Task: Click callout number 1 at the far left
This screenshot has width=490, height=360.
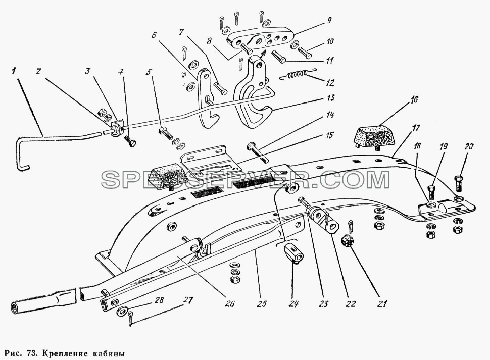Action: coord(13,71)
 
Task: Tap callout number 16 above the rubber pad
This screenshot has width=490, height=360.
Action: coord(414,100)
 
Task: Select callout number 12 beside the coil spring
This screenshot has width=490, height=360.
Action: coord(329,83)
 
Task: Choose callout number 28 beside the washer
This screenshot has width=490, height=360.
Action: coord(159,300)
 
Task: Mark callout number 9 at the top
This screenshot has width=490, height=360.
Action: coord(329,20)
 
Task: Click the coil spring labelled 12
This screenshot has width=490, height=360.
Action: coord(296,75)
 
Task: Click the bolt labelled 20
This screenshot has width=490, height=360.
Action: coord(459,183)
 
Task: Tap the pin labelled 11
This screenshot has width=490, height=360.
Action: coord(277,58)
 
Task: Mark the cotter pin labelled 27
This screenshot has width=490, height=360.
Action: coord(131,318)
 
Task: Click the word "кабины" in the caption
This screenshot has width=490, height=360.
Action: coord(109,354)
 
